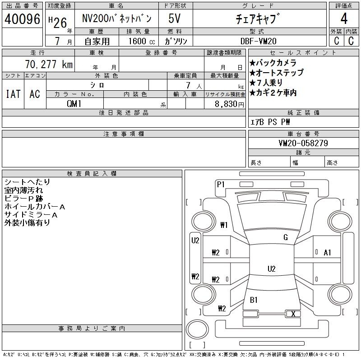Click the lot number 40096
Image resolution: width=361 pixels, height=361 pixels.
tap(22, 19)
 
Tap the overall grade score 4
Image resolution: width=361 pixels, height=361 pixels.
tap(344, 19)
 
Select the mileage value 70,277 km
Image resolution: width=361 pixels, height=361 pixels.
tap(49, 64)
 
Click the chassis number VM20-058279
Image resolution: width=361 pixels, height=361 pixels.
tap(303, 143)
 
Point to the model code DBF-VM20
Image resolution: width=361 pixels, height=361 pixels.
tap(258, 41)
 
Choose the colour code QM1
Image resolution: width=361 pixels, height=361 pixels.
tap(74, 104)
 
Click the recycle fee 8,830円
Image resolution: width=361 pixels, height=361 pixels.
tap(229, 104)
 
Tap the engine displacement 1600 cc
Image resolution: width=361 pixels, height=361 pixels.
tap(142, 41)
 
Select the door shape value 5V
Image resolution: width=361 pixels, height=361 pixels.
tap(174, 19)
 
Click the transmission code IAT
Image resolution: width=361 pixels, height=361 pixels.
tap(13, 94)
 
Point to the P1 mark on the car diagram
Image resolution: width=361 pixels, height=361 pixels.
tap(221, 185)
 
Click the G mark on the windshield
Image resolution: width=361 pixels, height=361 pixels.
tap(286, 237)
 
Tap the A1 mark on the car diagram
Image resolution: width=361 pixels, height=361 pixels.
tap(327, 253)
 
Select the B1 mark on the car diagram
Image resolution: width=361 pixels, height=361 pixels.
tap(254, 300)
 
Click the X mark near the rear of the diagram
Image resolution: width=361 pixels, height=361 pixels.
tap(293, 314)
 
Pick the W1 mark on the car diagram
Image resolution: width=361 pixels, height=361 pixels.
tap(224, 225)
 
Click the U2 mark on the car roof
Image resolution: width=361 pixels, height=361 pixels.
tap(272, 269)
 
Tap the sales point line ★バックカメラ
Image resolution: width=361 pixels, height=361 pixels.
tap(273, 63)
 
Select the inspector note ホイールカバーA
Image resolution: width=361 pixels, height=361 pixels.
tap(35, 207)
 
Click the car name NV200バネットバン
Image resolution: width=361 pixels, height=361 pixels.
tap(117, 19)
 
